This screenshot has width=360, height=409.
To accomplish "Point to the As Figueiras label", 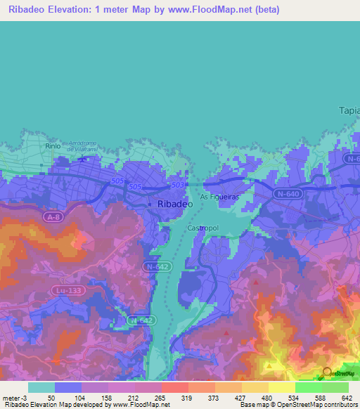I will point(221,197).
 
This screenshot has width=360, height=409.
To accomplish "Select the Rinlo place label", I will point(53,145).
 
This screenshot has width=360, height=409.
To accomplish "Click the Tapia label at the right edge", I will point(349,110).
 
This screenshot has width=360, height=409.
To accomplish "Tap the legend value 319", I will point(188,398).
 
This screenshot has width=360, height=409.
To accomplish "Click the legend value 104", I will point(82,398).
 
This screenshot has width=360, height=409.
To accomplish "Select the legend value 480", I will point(268,398).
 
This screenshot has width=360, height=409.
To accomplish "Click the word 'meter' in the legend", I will point(11,398).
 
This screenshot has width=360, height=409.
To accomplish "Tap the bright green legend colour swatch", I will point(308,387).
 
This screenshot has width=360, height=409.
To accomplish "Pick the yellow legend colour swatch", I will point(281,387).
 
